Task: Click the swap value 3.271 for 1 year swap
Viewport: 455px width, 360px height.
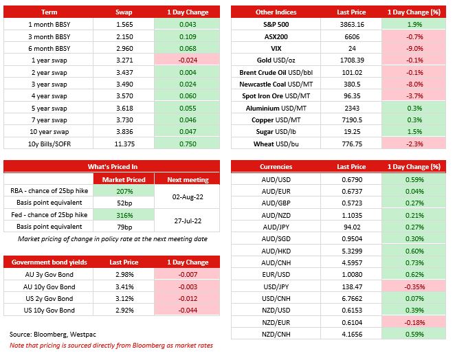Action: [x=124, y=60]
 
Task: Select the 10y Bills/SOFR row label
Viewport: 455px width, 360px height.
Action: [x=49, y=144]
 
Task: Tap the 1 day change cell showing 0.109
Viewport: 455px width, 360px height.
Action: [x=188, y=37]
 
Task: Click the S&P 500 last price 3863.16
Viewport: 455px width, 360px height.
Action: [x=352, y=24]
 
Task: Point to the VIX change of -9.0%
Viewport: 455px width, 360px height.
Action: [x=414, y=49]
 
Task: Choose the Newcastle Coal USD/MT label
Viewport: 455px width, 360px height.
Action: [x=276, y=85]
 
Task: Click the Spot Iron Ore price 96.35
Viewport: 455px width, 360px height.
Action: [x=352, y=96]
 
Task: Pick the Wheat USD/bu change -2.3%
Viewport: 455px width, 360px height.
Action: [x=414, y=144]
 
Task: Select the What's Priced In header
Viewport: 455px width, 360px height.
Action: [x=113, y=167]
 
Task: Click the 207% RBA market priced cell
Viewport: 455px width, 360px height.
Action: [x=124, y=192]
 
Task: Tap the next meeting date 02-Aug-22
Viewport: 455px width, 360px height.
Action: [x=188, y=197]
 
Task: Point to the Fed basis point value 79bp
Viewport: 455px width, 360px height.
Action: [x=124, y=227]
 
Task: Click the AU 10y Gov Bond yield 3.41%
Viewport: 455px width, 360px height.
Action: [x=124, y=287]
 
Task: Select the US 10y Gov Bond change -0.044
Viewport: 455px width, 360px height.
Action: [x=188, y=311]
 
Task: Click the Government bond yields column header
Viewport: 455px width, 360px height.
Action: [x=49, y=262]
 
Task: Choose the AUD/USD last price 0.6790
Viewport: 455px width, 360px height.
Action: [x=352, y=180]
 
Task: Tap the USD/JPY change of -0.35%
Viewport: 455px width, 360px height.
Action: [x=414, y=287]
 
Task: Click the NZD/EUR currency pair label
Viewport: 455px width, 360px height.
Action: [x=276, y=323]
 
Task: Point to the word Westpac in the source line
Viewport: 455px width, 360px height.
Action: [x=83, y=335]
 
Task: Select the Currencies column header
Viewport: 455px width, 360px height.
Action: [x=276, y=167]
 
